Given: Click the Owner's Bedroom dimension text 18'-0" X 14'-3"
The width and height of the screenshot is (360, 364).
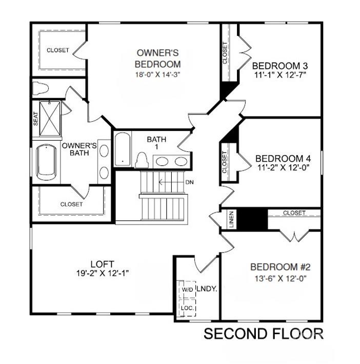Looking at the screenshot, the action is [x=157, y=75].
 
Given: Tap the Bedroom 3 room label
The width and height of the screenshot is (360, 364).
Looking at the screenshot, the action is [x=280, y=66].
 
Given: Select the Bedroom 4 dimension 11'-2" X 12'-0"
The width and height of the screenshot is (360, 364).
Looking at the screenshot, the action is [x=283, y=167].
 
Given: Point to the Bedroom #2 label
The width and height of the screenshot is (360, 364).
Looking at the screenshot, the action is [x=281, y=267].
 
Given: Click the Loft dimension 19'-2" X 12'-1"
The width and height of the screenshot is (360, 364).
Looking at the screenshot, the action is [x=103, y=273].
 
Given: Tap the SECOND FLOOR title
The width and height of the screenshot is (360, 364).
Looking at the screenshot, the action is [x=264, y=334].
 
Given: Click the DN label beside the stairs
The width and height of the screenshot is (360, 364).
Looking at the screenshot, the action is [x=189, y=182].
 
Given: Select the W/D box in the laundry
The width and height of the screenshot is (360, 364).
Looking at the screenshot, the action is [x=187, y=289].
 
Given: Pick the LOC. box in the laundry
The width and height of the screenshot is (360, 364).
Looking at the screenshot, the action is [x=187, y=308].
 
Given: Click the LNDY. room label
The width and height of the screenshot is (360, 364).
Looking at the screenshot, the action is [x=207, y=289].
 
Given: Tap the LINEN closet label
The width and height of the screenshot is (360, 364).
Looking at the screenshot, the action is [x=231, y=219].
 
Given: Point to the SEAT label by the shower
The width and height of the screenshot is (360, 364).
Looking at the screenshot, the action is [x=36, y=119].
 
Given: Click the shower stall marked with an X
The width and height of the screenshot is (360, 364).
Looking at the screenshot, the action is [x=50, y=119].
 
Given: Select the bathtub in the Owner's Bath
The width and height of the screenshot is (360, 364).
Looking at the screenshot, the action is [x=46, y=162].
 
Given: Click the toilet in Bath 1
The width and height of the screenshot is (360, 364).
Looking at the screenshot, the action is [x=142, y=160].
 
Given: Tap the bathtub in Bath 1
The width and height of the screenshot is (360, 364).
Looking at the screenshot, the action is [x=123, y=149].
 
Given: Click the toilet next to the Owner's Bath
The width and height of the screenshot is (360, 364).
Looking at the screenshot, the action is [x=41, y=88].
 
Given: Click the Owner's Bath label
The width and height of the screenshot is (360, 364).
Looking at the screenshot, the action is [x=79, y=149].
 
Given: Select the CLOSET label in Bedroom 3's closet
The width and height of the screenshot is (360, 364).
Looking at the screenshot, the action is [x=225, y=53].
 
